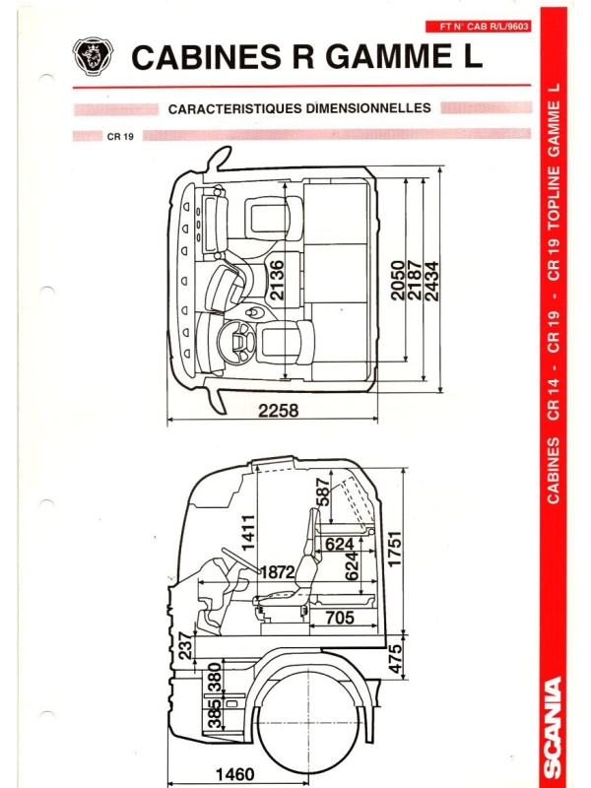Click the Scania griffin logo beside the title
pos(93,56)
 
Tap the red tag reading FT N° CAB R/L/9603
pos(478,27)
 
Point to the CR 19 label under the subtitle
pos(120,136)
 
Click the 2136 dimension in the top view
pos(277,280)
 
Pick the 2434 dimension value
pos(431,282)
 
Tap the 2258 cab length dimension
pos(279,411)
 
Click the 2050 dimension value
pos(398,281)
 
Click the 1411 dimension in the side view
pos(249,532)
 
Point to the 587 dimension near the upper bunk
pos(323,492)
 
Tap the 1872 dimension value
pos(278,572)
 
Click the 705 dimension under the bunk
pos(340,618)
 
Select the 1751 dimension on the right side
pos(395,549)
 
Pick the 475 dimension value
pos(397,659)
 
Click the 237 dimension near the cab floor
pos(185,646)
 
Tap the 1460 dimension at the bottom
pos(235,774)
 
